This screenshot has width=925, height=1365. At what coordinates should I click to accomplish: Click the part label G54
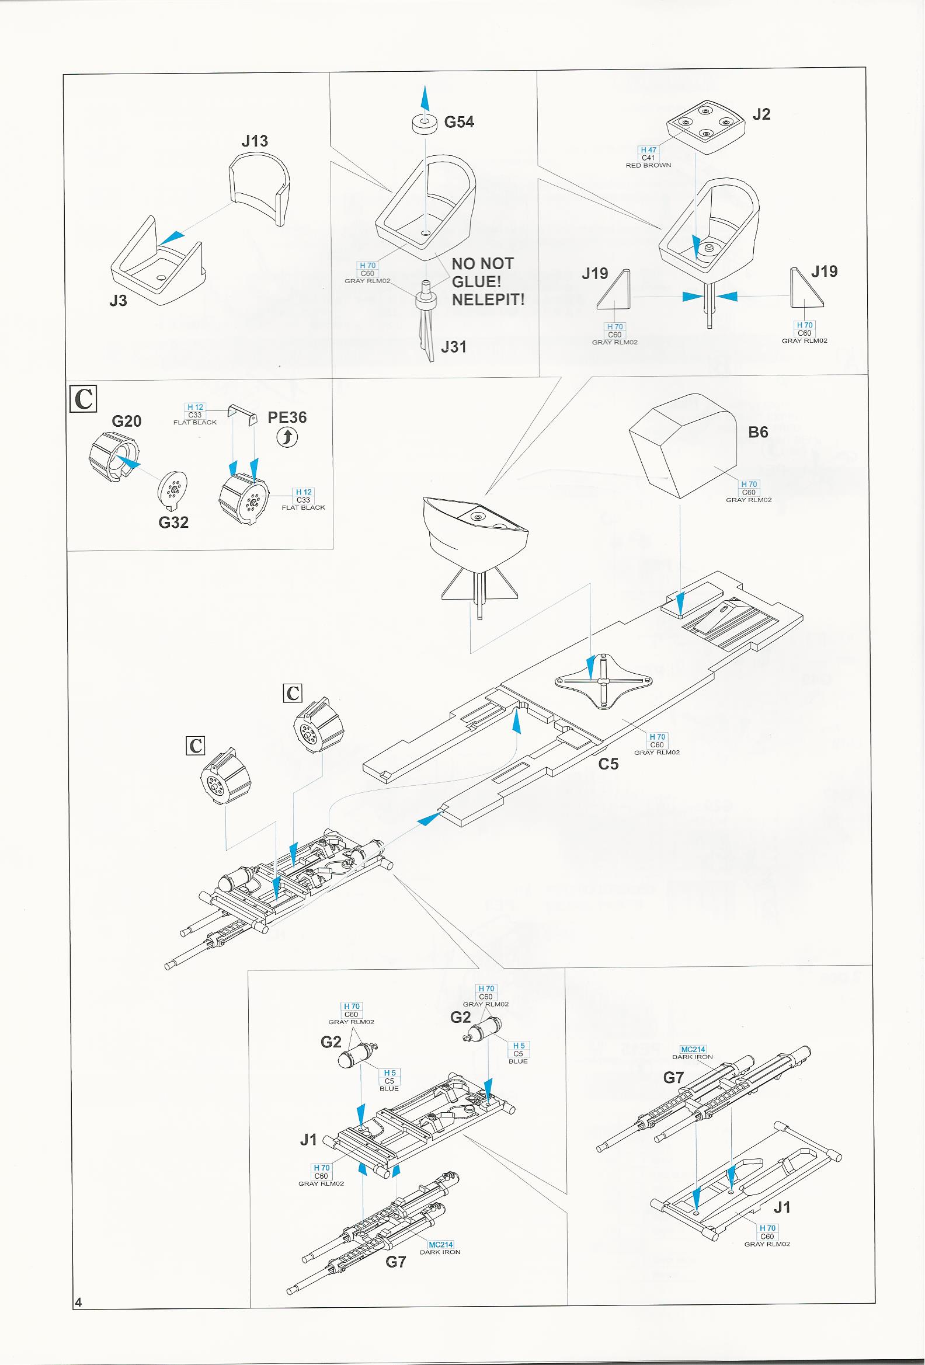[458, 122]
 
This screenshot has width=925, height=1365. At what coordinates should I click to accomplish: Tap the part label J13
[254, 141]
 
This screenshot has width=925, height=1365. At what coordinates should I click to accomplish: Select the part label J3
[118, 301]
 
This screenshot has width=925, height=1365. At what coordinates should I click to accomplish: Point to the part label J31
[453, 347]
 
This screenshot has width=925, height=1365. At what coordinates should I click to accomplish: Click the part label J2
[761, 114]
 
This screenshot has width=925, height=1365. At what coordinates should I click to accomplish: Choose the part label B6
[758, 432]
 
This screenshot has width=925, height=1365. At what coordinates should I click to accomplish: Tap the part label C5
[608, 764]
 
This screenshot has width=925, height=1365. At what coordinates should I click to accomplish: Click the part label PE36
[287, 417]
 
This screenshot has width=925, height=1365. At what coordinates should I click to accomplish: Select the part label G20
[126, 421]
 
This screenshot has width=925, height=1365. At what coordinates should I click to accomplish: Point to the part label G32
[173, 522]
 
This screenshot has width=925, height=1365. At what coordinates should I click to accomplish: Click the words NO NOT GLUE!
[483, 273]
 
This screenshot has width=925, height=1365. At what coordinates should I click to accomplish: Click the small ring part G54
[424, 124]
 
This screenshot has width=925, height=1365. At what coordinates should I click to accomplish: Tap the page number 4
[78, 1302]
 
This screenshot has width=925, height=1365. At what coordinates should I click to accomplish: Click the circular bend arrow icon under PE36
[287, 437]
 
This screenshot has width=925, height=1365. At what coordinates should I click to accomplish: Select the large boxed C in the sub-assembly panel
[84, 399]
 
